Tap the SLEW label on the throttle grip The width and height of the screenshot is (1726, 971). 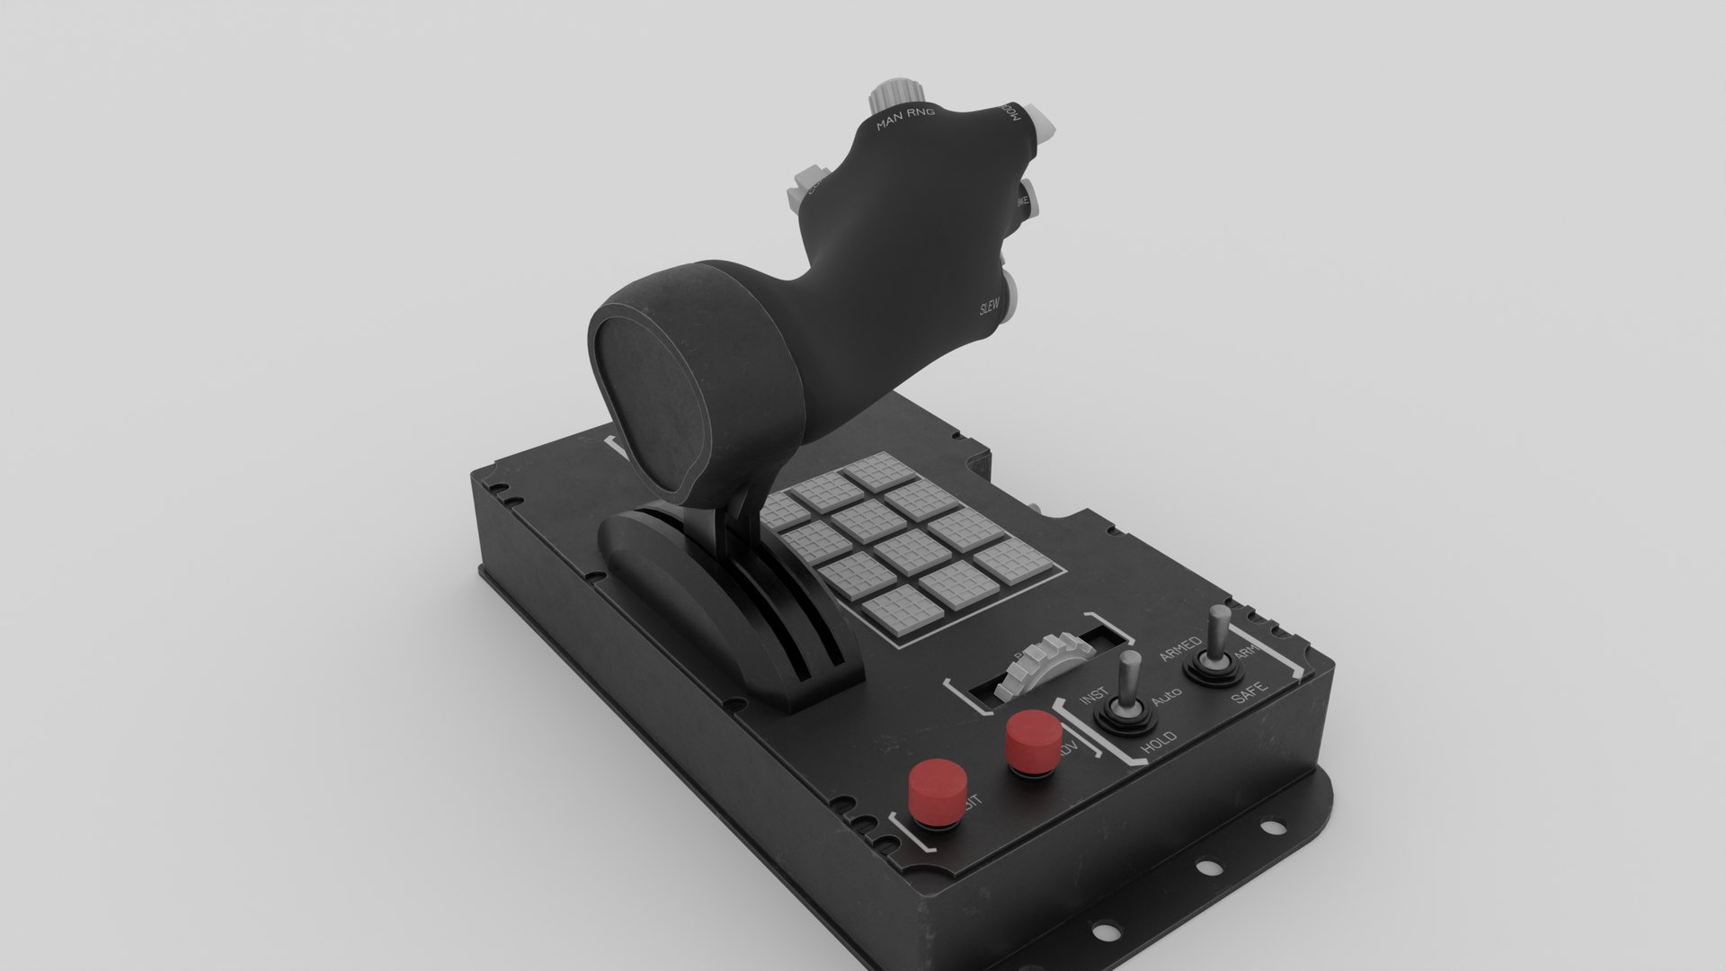pos(990,308)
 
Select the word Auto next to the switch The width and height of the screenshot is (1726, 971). pos(1166,695)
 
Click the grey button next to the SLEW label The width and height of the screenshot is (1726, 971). pos(1013,297)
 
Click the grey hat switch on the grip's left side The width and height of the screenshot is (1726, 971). pos(803,186)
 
